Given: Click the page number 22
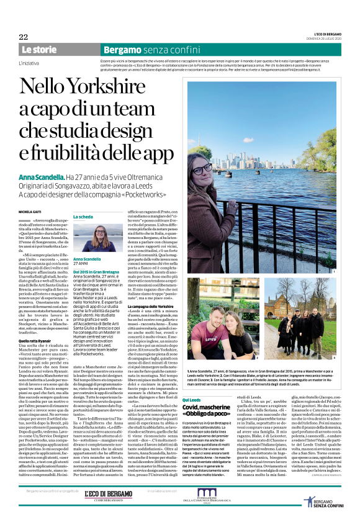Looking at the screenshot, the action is click(x=23, y=37).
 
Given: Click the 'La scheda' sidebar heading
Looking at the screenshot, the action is click(x=84, y=217).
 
